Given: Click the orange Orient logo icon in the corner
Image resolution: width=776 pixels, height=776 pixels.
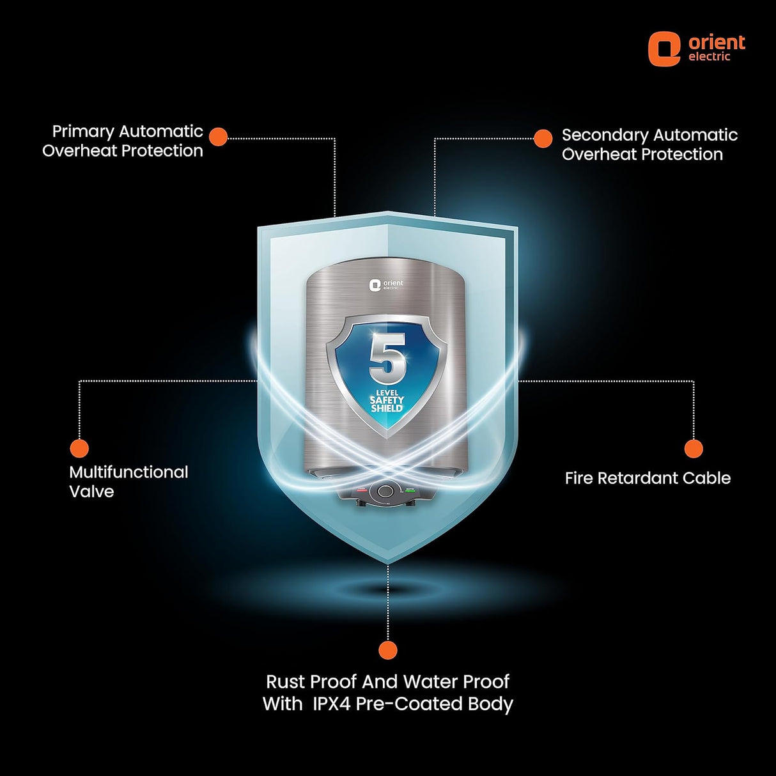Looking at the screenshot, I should (x=664, y=49).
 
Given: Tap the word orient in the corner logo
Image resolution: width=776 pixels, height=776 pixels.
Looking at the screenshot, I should (x=717, y=43).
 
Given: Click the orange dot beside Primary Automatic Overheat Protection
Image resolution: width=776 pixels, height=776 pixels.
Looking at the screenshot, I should (x=219, y=137).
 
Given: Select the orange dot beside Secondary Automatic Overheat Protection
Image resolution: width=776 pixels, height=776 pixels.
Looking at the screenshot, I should (x=543, y=138).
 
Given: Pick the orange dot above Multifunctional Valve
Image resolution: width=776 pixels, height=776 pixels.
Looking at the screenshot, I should (x=79, y=448).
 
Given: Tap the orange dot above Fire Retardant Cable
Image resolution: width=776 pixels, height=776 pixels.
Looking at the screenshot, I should (x=694, y=449).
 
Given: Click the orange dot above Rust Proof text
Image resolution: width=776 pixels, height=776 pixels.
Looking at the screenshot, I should (x=387, y=651).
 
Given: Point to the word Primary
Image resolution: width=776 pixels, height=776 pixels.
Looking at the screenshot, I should (x=83, y=132).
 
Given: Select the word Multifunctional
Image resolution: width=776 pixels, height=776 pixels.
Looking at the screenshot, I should (x=128, y=472).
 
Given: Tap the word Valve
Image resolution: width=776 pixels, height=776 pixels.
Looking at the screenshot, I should (x=91, y=492).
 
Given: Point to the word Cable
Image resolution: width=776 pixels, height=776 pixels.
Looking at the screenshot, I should (x=706, y=478).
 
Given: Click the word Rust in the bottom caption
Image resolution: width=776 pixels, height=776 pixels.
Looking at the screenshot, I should (x=286, y=681).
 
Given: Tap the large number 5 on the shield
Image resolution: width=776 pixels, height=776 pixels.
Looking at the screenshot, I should (x=387, y=358).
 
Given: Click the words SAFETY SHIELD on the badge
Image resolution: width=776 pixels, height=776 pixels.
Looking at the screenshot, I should (x=387, y=404).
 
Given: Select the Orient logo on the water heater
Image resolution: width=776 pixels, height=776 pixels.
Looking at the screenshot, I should (x=387, y=284).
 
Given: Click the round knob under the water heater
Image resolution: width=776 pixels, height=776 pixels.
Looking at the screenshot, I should (x=385, y=491).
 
